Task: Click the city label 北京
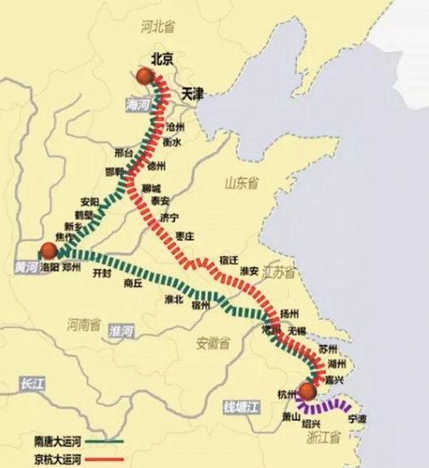[161, 59]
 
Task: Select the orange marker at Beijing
[146, 76]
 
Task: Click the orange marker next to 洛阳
[48, 251]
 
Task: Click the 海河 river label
[137, 104]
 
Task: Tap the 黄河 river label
[26, 266]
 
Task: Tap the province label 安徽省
[212, 344]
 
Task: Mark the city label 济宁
[169, 218]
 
